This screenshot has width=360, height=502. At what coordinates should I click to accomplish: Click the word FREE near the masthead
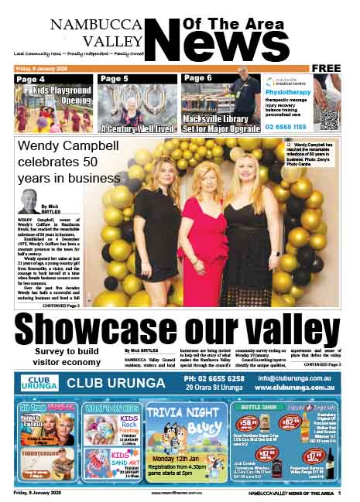[x=326, y=68]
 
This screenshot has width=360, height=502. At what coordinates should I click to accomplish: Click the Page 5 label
[x=114, y=79]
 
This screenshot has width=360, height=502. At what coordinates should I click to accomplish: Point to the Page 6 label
[x=197, y=79]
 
